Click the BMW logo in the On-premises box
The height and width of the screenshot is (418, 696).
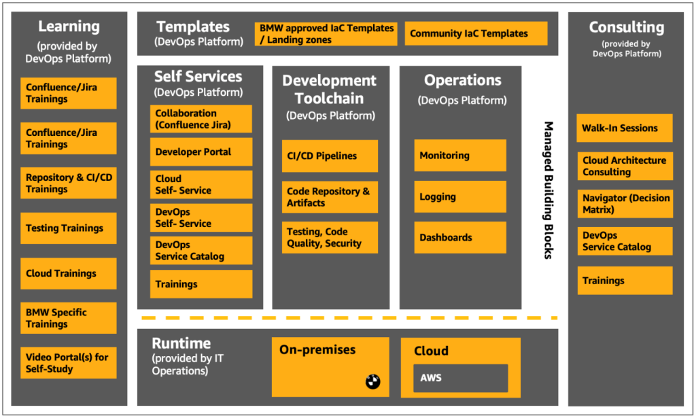tap(372, 382)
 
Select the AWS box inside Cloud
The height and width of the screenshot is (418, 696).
tap(460, 378)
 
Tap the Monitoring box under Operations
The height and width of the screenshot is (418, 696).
tap(460, 156)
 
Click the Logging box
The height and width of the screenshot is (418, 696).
tap(460, 197)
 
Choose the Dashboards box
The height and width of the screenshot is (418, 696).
tap(460, 238)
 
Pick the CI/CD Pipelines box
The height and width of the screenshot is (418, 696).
tap(330, 156)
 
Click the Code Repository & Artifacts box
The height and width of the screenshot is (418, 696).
tap(330, 197)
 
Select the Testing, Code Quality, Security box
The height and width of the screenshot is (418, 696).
tap(330, 237)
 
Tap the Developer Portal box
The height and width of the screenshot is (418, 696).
tap(201, 152)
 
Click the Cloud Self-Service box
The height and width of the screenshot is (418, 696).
tap(201, 185)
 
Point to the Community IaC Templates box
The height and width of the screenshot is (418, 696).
tap(476, 33)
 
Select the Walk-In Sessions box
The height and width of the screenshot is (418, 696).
tap(625, 128)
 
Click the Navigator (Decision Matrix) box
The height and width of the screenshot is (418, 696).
tap(625, 204)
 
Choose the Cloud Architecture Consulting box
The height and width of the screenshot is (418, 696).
tap(625, 167)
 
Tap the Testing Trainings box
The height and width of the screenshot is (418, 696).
tap(69, 228)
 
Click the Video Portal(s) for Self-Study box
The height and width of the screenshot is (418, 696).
tap(69, 363)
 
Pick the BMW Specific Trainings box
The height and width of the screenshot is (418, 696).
tap(69, 318)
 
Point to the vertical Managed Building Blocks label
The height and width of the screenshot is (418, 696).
tap(548, 190)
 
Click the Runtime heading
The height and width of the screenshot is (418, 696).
tap(181, 343)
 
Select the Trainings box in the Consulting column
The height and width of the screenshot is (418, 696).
tap(625, 281)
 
